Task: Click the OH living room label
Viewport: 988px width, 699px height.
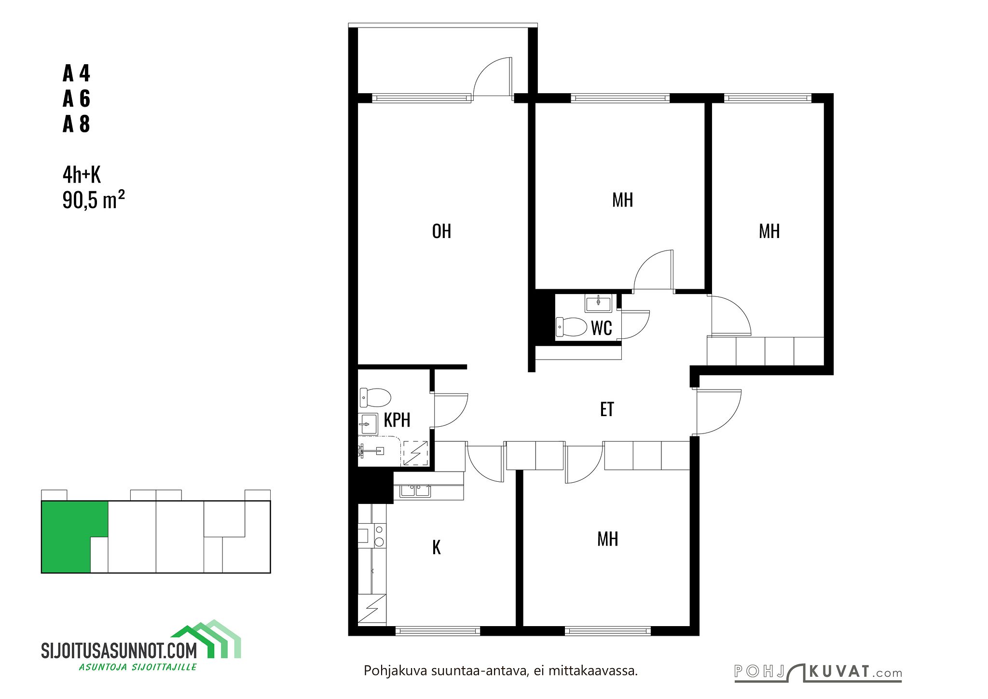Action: click(441, 231)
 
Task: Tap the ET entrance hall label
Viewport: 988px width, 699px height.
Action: click(607, 409)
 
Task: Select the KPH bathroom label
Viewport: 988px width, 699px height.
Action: click(397, 420)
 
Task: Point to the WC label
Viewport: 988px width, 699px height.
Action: click(602, 328)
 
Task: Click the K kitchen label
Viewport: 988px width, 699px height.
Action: click(437, 547)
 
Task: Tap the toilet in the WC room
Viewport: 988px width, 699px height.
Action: click(571, 327)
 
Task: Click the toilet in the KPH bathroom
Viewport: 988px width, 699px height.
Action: click(375, 398)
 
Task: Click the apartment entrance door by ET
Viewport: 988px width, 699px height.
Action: click(719, 412)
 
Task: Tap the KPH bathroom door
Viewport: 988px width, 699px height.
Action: click(451, 410)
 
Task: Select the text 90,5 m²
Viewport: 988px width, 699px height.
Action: click(94, 200)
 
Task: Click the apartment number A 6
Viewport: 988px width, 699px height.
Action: click(76, 98)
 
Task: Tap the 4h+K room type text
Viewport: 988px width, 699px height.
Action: click(82, 175)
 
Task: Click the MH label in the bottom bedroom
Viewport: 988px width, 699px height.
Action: click(607, 539)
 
